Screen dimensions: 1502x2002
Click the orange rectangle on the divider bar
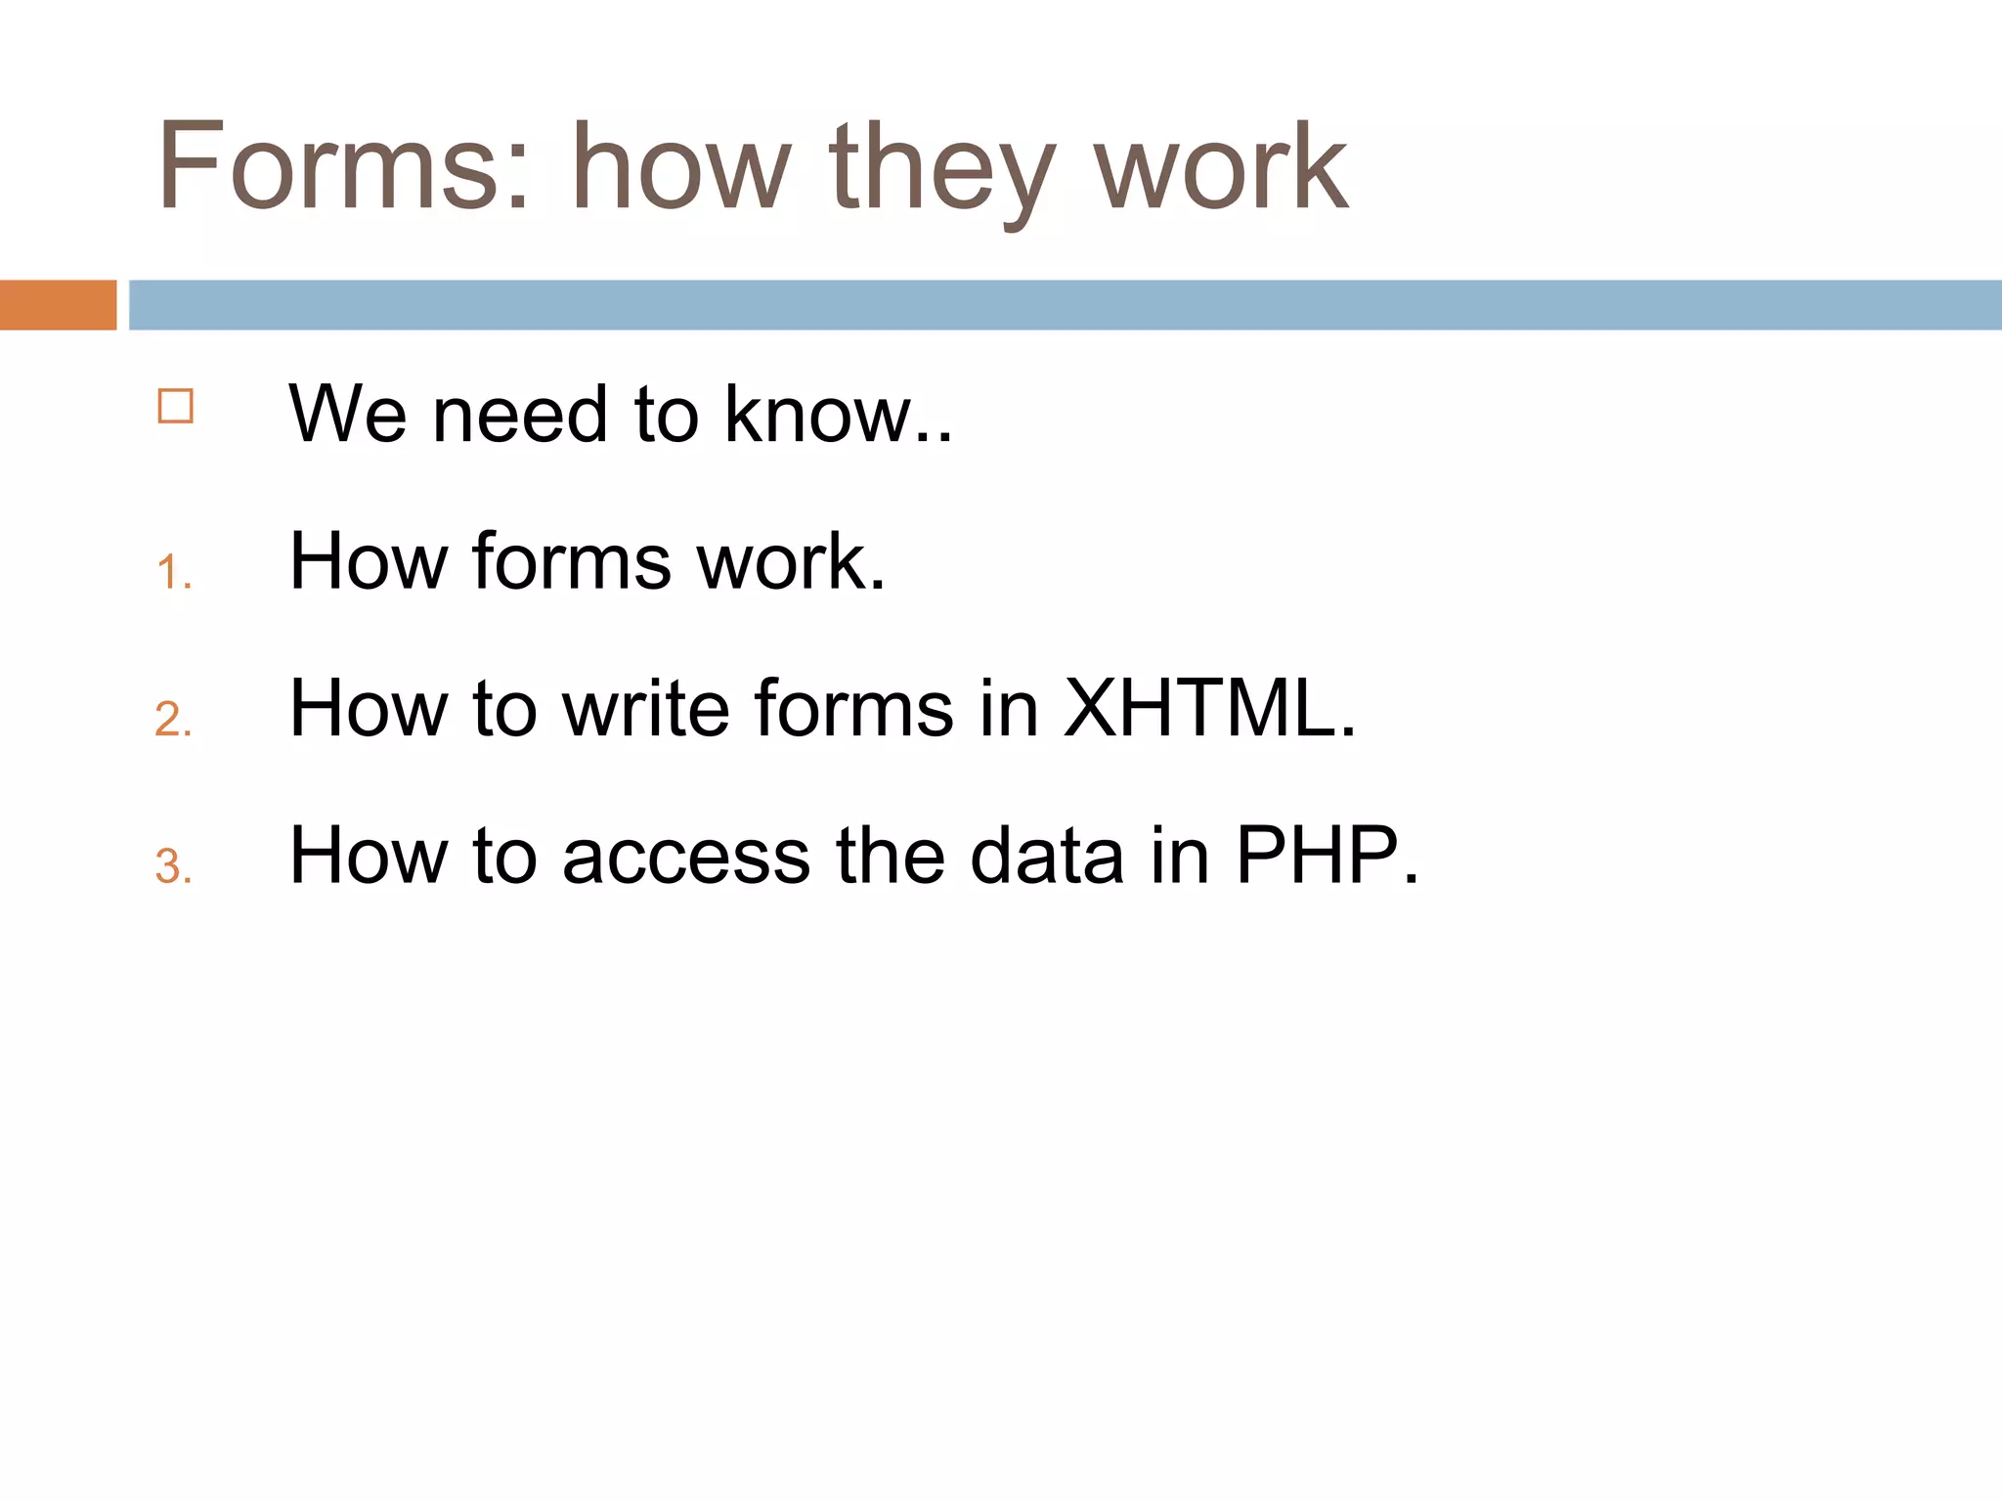click(58, 305)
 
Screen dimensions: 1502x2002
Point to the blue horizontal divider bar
click(1065, 305)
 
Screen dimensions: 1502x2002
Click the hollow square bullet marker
click(176, 406)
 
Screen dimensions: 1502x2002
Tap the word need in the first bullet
click(519, 415)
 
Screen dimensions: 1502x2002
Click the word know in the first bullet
click(817, 415)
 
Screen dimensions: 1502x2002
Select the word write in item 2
click(646, 708)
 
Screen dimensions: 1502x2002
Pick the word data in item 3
click(1046, 856)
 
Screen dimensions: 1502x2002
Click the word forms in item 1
click(572, 561)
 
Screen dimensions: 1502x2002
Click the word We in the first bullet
click(347, 415)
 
